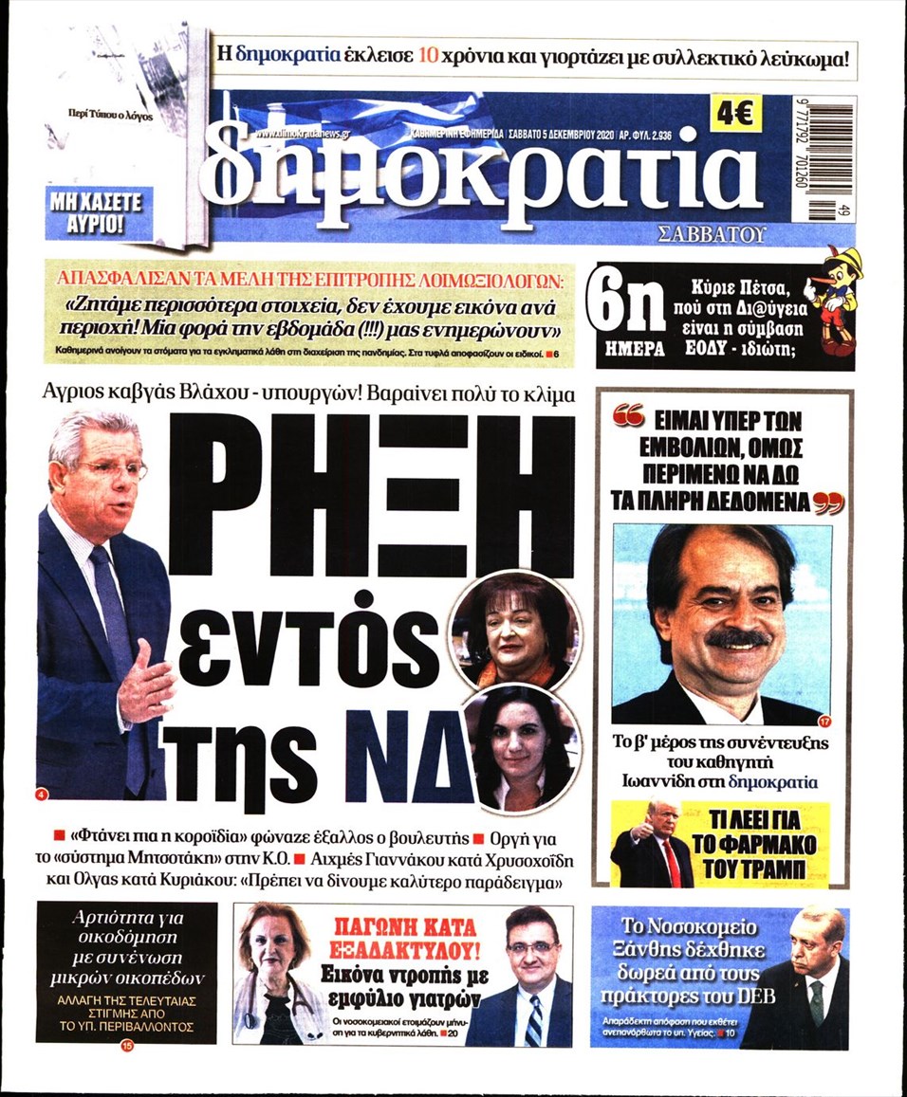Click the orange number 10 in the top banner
(428, 54)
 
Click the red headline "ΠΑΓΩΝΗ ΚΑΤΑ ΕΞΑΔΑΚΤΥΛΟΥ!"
(404, 936)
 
